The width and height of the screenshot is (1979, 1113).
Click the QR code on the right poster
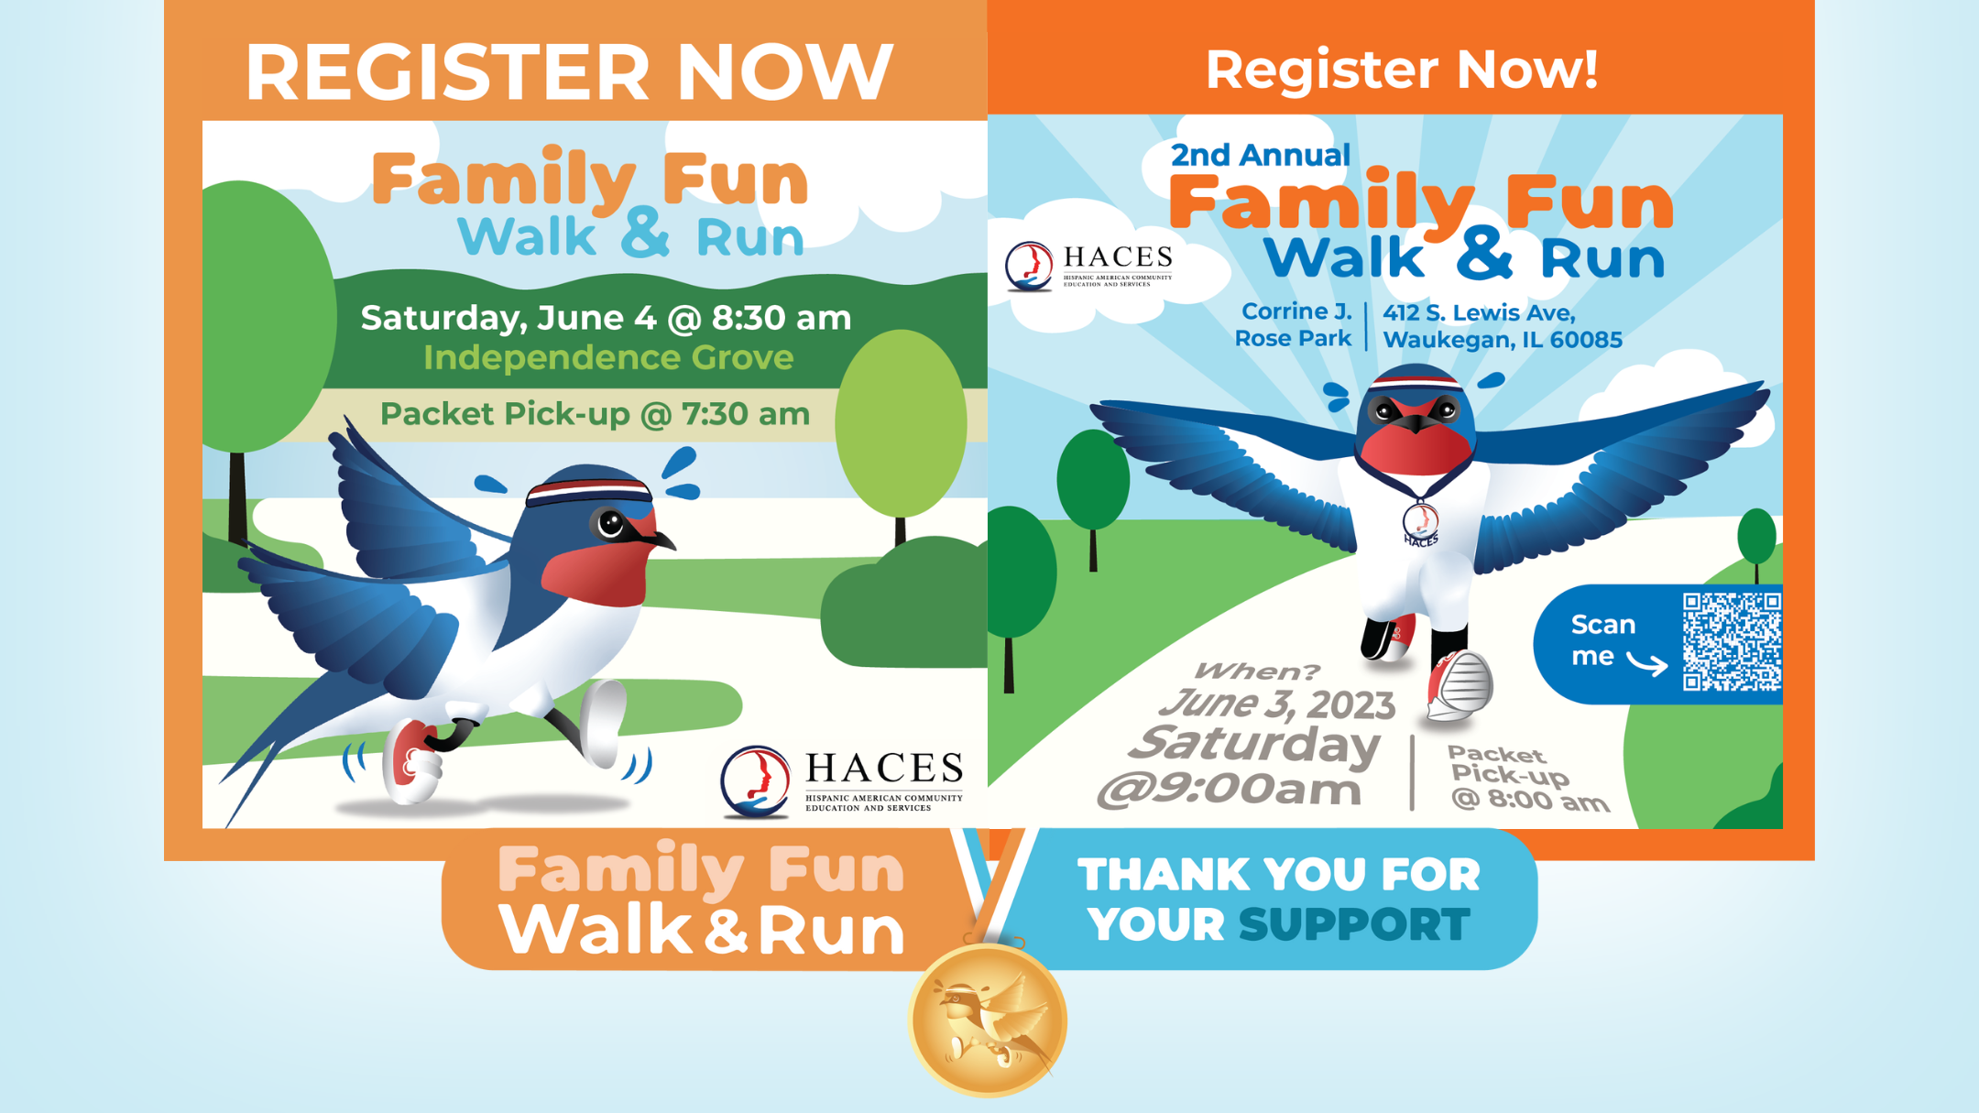click(x=1733, y=641)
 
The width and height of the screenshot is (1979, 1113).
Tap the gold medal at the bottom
click(x=988, y=1019)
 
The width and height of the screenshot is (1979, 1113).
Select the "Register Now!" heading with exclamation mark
click(x=1401, y=69)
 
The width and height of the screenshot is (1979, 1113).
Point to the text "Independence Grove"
click(x=608, y=357)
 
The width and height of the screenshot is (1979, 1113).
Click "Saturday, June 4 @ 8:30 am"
click(x=606, y=318)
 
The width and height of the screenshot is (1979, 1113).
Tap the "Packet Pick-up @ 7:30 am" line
click(x=595, y=414)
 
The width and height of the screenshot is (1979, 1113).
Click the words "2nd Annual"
click(x=1260, y=155)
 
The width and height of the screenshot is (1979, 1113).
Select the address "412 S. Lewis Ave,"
click(x=1479, y=313)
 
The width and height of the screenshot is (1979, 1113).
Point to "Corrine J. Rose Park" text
click(x=1293, y=324)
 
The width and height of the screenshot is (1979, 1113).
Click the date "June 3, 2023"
click(x=1277, y=704)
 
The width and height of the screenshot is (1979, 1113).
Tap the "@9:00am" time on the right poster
click(x=1230, y=789)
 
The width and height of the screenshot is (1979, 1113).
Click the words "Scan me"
click(x=1602, y=640)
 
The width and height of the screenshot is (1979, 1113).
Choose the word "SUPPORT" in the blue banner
click(x=1354, y=924)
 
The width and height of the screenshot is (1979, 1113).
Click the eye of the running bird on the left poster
click(x=610, y=524)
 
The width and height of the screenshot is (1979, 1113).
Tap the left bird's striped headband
click(x=588, y=491)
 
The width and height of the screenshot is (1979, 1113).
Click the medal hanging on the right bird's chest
click(x=1420, y=523)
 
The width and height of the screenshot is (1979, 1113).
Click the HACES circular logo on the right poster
click(x=1029, y=266)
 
